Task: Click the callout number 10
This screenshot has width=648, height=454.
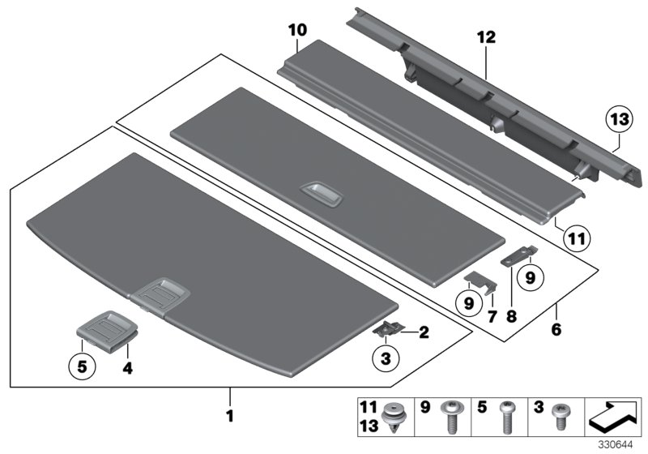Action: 297,31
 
